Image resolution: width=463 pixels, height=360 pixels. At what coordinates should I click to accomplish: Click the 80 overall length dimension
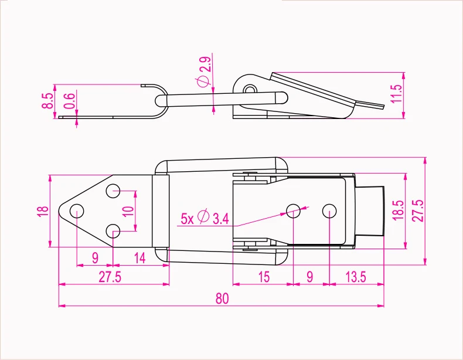click(x=221, y=298)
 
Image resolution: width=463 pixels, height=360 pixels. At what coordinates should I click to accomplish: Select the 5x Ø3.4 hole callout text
click(x=205, y=219)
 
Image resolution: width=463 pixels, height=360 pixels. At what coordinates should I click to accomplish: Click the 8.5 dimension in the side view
click(x=47, y=100)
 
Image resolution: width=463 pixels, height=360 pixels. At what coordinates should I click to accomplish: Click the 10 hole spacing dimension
click(x=130, y=209)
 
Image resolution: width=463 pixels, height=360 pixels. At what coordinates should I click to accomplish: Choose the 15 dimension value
click(x=264, y=277)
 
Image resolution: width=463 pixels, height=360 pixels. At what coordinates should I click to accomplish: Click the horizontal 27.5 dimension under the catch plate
click(x=110, y=277)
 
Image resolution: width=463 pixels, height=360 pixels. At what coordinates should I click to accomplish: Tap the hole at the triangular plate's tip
click(x=77, y=210)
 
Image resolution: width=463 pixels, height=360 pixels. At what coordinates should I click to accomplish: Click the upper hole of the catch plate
click(x=113, y=191)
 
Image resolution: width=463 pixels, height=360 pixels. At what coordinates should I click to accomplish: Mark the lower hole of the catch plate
click(x=113, y=230)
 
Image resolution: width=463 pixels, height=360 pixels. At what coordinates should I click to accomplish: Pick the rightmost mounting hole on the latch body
click(x=329, y=209)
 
